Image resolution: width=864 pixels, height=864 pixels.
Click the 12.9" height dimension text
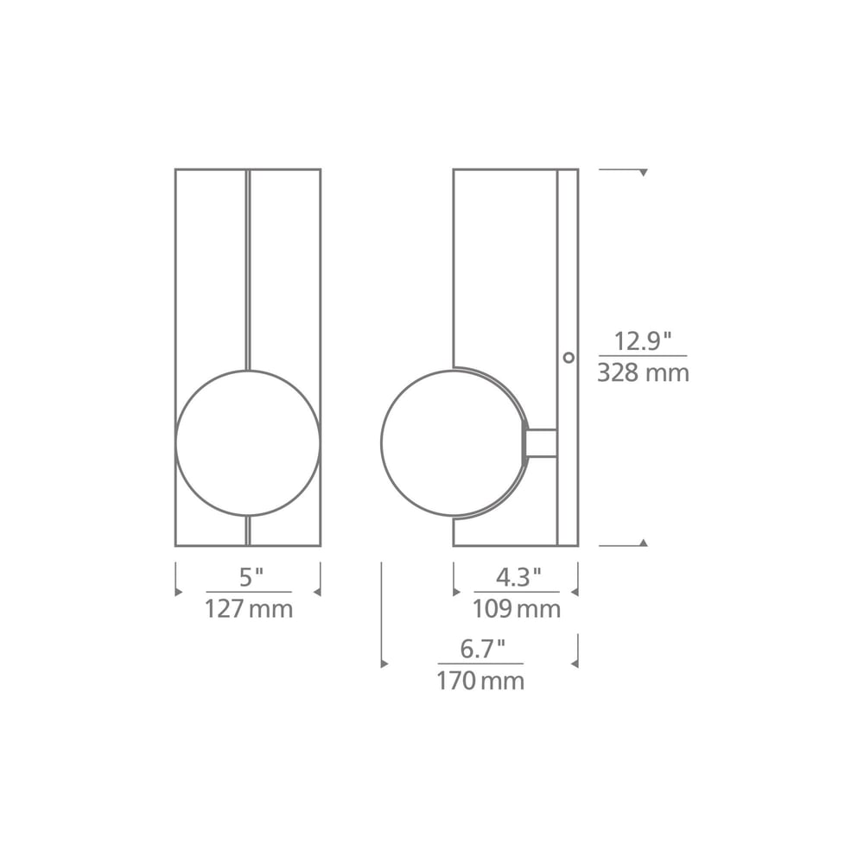pos(643,340)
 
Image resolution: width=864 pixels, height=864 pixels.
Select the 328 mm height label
pos(644,373)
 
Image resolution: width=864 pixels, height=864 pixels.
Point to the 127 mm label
pos(248,609)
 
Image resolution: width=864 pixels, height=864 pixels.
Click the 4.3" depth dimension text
pos(518,576)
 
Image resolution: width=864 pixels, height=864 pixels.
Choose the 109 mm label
pos(516,609)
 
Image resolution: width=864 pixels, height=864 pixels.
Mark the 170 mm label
pos(480,681)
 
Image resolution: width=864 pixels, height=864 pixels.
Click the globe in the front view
pos(248,443)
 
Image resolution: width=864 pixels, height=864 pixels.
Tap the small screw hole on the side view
pos(569,356)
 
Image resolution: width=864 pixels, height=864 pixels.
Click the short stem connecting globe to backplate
pos(542,443)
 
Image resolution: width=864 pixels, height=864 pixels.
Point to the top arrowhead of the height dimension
pos(643,173)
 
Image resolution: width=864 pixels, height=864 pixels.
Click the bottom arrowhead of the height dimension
pos(643,543)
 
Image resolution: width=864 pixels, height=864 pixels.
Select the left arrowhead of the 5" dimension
pos(179,592)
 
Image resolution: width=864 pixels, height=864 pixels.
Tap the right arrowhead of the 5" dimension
pos(317,592)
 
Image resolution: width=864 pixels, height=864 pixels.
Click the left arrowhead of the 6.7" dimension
pos(384,664)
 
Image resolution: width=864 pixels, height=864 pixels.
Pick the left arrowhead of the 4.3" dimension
pos(457,592)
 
